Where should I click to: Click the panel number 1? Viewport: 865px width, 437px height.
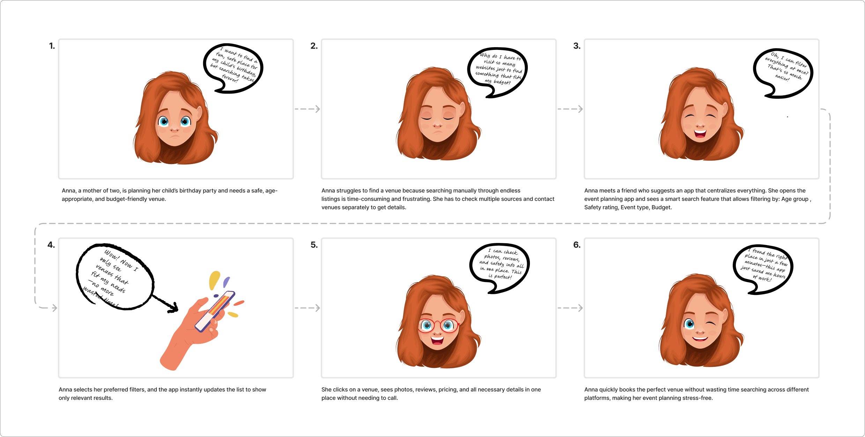pos(52,46)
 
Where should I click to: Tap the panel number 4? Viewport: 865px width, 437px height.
pos(51,245)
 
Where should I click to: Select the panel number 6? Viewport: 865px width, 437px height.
pos(577,245)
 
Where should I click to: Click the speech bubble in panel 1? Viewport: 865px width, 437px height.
pos(233,68)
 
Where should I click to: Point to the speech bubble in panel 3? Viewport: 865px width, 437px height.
pos(783,73)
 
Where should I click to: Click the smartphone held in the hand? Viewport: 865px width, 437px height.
pos(215,311)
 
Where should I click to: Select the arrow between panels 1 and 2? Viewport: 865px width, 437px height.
pos(307,109)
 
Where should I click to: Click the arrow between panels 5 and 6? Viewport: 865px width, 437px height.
pos(570,308)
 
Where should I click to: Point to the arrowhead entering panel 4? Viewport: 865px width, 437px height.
pos(54,308)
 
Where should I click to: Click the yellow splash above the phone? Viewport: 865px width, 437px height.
pos(214,280)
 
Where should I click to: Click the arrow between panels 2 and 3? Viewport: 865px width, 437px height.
pos(570,109)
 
